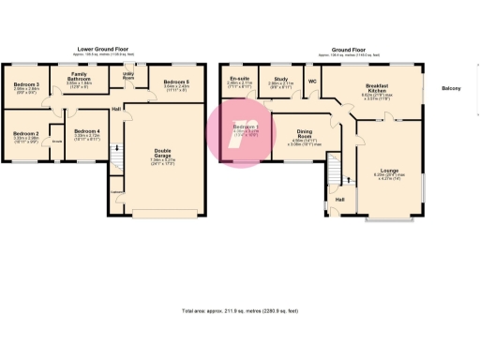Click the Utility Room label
[x=128, y=76]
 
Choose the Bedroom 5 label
[x=176, y=82]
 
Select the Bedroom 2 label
[x=25, y=133]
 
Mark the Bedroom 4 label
[x=86, y=131]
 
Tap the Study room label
[x=280, y=79]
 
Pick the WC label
[x=312, y=81]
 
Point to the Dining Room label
[x=304, y=132]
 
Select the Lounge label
[x=387, y=171]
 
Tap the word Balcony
[x=451, y=88]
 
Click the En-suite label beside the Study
[x=240, y=79]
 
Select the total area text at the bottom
[x=240, y=310]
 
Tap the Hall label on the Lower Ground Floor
[x=116, y=110]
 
